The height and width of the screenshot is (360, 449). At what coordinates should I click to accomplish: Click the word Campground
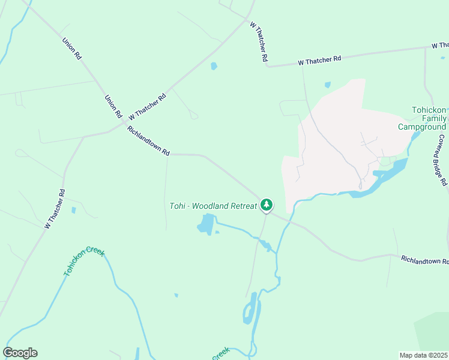click(x=422, y=127)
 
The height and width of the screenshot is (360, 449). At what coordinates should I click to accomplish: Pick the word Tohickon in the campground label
click(x=429, y=110)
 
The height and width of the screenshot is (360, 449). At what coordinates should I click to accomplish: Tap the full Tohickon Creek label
click(x=84, y=260)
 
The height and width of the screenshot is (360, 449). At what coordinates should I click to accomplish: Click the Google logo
click(x=20, y=353)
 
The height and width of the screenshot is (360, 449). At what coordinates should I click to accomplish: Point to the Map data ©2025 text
click(x=424, y=355)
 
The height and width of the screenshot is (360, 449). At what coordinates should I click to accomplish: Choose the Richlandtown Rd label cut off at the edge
click(x=425, y=260)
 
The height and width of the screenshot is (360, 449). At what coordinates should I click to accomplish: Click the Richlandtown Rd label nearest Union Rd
click(x=148, y=140)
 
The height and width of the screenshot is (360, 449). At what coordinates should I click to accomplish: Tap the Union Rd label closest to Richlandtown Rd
click(x=113, y=106)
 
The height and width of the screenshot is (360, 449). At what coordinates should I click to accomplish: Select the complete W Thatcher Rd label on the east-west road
click(x=320, y=60)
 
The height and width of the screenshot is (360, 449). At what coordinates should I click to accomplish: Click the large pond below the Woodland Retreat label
click(x=206, y=224)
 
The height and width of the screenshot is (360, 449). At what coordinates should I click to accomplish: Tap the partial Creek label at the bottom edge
click(x=220, y=353)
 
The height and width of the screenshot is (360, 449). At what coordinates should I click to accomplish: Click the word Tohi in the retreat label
click(x=177, y=206)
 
